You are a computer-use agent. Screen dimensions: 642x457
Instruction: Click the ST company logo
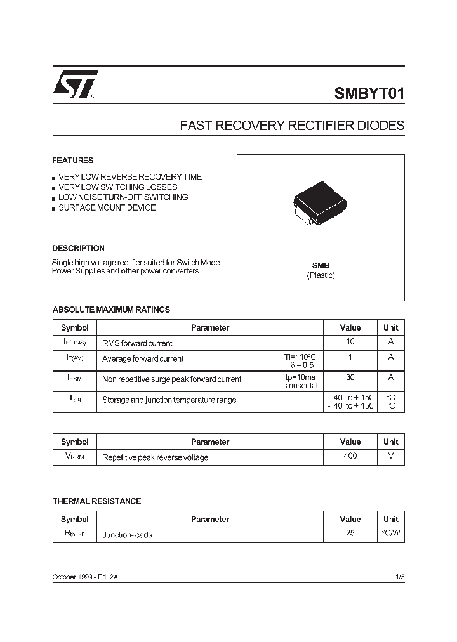coord(75,84)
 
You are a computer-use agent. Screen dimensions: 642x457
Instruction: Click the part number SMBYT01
coord(369,94)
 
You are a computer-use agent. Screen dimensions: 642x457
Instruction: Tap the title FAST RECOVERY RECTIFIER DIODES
coord(292,126)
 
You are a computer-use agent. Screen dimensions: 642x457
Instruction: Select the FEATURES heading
coord(72,160)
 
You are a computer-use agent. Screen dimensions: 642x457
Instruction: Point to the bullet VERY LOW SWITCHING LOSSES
coord(117,187)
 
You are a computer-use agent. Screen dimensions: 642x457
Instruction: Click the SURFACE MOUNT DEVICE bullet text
coord(107,207)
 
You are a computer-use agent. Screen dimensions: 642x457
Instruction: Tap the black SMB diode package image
coord(320,201)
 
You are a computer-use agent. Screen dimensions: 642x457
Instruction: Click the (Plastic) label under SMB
coord(321,275)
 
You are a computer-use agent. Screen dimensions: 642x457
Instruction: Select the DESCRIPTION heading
coord(78,249)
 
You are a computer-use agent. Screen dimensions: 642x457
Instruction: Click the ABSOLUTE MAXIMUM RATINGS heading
coord(111,310)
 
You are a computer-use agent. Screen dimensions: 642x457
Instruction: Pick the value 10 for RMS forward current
coord(350,342)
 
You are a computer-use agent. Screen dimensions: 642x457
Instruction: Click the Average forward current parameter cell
coord(143,359)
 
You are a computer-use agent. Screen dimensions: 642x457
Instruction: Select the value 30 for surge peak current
coord(350,377)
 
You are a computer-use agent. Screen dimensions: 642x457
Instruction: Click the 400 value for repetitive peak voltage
coord(350,456)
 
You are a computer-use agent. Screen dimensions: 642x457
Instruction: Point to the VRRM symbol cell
coord(74,457)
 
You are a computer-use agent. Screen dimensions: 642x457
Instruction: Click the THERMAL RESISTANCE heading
coord(96,501)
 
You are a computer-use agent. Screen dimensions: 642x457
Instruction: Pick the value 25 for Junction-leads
coord(350,534)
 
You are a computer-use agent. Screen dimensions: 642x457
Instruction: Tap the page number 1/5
coord(399,577)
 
